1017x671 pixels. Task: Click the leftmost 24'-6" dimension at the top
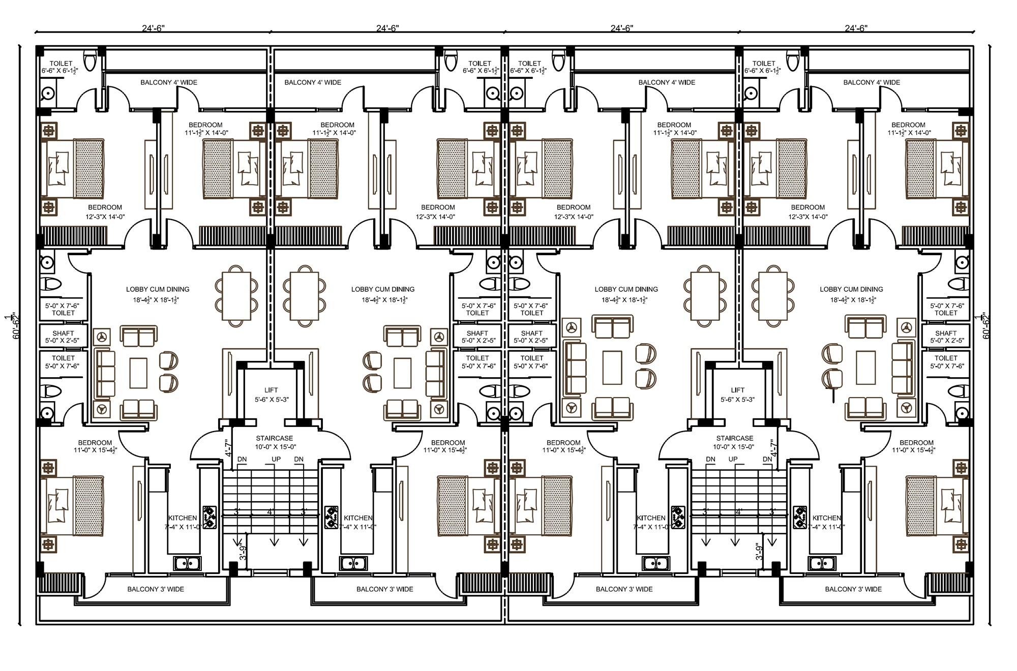[x=153, y=28]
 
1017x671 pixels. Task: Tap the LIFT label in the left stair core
[x=271, y=390]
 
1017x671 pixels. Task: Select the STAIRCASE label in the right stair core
[x=734, y=438]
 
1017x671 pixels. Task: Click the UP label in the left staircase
[x=276, y=459]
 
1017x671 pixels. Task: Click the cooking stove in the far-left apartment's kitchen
[x=210, y=517]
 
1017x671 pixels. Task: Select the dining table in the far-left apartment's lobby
[x=236, y=296]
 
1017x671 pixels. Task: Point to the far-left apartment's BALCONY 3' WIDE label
[x=156, y=589]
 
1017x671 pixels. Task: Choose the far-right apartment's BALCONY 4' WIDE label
[x=872, y=82]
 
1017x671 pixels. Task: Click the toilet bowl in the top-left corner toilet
[x=91, y=60]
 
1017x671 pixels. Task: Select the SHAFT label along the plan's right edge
[x=946, y=333]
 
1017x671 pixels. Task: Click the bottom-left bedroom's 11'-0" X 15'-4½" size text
[x=95, y=450]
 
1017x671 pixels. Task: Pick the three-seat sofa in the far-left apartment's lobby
[x=106, y=373]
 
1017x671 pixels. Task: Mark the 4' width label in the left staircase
[x=270, y=512]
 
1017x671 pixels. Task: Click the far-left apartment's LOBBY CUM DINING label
[x=158, y=289]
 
